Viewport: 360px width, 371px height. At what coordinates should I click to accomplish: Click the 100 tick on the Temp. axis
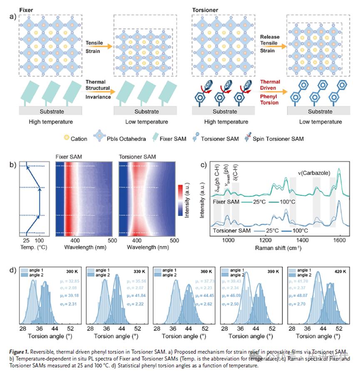[x=40, y=240]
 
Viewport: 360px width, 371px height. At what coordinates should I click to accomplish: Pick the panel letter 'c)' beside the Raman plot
[x=204, y=164]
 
